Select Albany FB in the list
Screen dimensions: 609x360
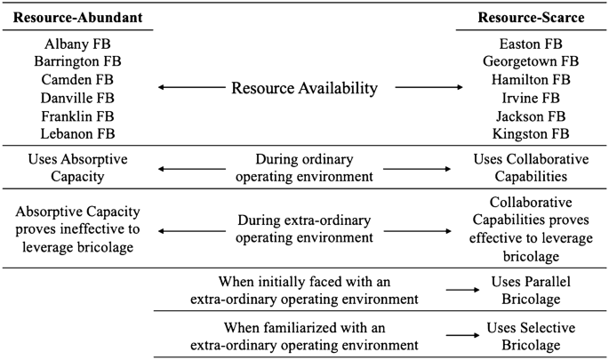pyautogui.click(x=77, y=44)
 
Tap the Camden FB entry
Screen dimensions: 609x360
pyautogui.click(x=77, y=79)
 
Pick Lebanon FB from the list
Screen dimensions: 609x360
pyautogui.click(x=77, y=133)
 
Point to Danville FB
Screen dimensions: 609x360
pyautogui.click(x=77, y=97)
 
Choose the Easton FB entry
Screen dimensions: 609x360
pyautogui.click(x=532, y=44)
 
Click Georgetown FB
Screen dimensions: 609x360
pyautogui.click(x=532, y=61)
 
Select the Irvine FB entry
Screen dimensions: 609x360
pyautogui.click(x=532, y=98)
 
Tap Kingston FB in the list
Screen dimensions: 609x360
pyautogui.click(x=532, y=133)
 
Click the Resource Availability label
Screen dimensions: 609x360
pyautogui.click(x=304, y=88)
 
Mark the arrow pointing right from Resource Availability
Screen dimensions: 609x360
pyautogui.click(x=429, y=88)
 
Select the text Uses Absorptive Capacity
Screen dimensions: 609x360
pyautogui.click(x=77, y=167)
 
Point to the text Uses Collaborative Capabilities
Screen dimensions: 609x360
pyautogui.click(x=532, y=167)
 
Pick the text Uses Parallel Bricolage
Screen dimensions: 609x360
pyautogui.click(x=532, y=289)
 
